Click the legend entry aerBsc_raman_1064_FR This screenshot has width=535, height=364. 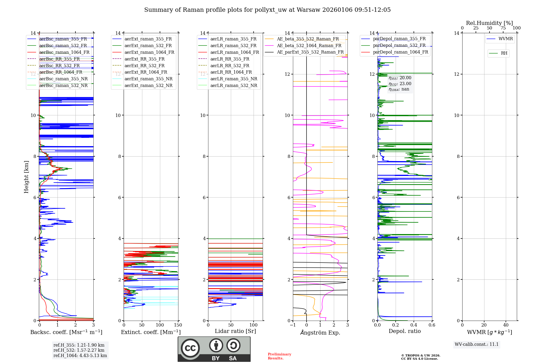click(x=64, y=52)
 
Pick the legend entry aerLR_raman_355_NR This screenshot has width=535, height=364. click(x=234, y=79)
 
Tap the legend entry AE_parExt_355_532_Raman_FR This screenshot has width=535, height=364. click(x=310, y=52)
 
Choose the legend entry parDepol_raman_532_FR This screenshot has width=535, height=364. click(x=399, y=45)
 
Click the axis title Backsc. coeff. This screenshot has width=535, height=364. click(x=66, y=332)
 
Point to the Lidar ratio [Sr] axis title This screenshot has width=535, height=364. click(x=235, y=331)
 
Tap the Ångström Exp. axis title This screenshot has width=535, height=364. click(x=320, y=332)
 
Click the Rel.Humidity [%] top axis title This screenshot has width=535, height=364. click(x=489, y=23)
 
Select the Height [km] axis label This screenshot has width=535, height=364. click(x=26, y=177)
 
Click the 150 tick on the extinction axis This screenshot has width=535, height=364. click(x=178, y=325)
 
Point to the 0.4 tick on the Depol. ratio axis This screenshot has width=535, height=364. click(x=414, y=325)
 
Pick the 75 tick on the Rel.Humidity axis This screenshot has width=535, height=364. click(x=503, y=28)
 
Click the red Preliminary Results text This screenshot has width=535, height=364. click(x=279, y=356)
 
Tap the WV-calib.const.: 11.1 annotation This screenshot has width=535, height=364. click(x=477, y=344)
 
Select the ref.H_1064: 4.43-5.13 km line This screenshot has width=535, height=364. click(x=80, y=355)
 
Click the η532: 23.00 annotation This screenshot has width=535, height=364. click(x=400, y=84)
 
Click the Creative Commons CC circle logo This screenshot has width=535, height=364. click(x=190, y=348)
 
